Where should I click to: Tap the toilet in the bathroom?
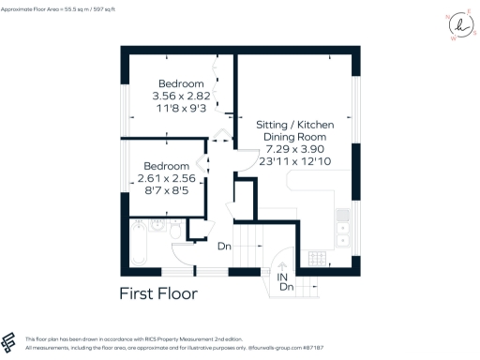[x=175, y=229]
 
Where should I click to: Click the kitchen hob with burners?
[x=317, y=258]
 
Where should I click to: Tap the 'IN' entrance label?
[x=282, y=278]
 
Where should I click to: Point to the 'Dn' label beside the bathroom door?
[x=224, y=247]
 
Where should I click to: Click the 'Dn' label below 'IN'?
[x=286, y=288]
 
